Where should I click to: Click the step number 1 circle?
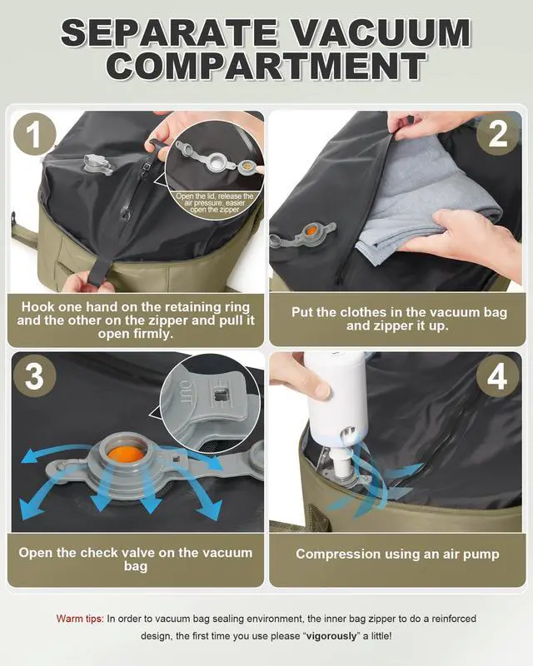35,136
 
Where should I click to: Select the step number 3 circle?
35,376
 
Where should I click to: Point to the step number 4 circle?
497,376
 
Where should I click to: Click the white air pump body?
334,391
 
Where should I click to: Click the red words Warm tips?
80,619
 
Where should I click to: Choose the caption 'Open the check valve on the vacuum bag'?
135,559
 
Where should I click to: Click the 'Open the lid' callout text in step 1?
214,202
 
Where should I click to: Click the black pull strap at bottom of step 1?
87,271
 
